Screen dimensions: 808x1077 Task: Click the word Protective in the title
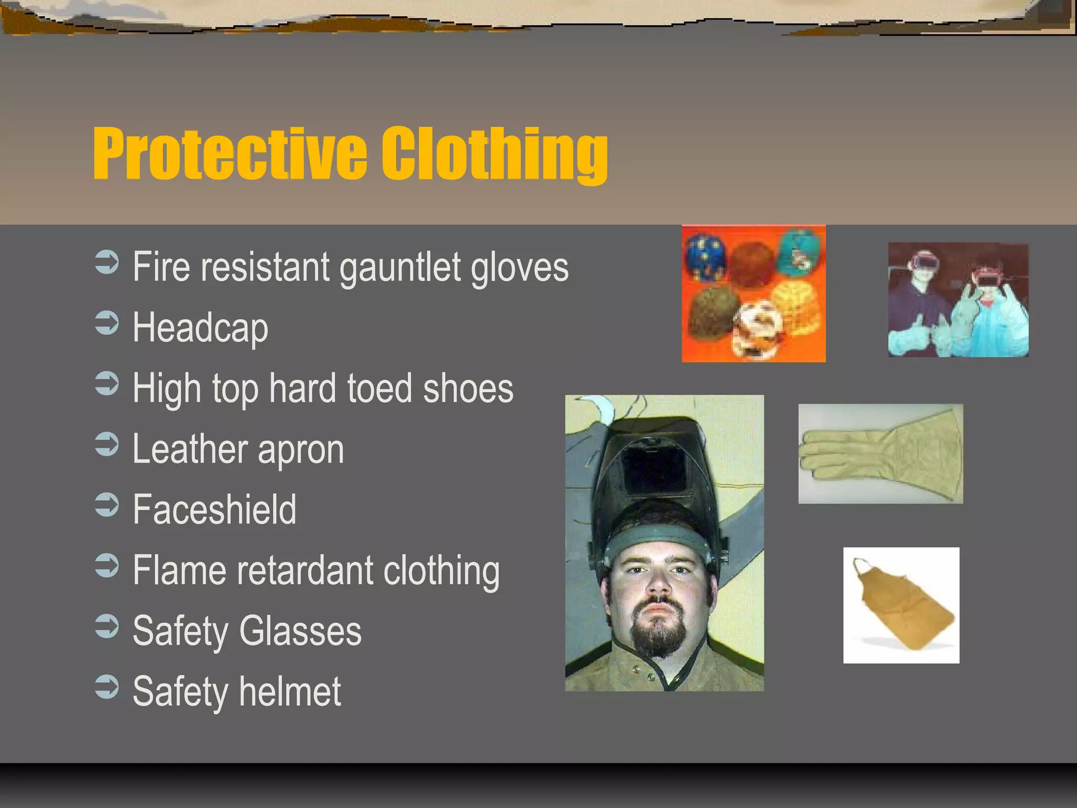pyautogui.click(x=230, y=154)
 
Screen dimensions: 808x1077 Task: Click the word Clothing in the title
pyautogui.click(x=494, y=154)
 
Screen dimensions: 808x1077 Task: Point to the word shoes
pyautogui.click(x=468, y=389)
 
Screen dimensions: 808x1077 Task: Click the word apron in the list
pyautogui.click(x=300, y=450)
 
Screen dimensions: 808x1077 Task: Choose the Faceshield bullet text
pyautogui.click(x=215, y=510)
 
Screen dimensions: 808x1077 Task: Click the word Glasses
pyautogui.click(x=300, y=631)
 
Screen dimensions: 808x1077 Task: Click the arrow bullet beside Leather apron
pyautogui.click(x=107, y=444)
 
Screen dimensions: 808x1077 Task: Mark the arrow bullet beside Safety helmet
pyautogui.click(x=107, y=686)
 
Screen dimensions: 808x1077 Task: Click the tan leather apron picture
pyautogui.click(x=901, y=605)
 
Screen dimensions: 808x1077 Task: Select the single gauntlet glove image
pyautogui.click(x=880, y=454)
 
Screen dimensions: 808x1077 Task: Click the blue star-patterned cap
pyautogui.click(x=705, y=257)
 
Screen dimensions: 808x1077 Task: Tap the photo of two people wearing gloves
pyautogui.click(x=958, y=300)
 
